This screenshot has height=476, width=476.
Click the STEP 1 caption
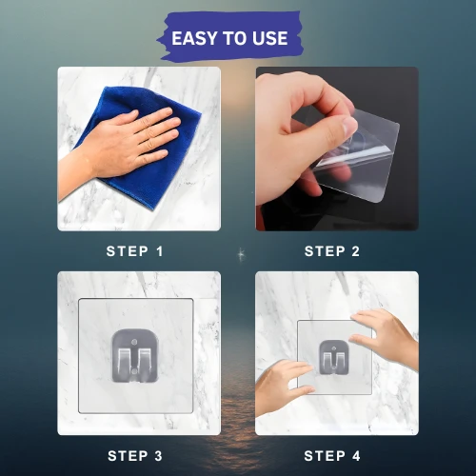(134, 251)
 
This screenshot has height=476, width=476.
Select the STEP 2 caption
(332, 251)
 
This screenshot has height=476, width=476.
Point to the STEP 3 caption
(135, 456)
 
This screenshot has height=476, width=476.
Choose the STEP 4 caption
(332, 456)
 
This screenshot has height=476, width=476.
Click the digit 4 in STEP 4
(356, 456)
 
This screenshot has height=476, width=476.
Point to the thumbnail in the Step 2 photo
(349, 125)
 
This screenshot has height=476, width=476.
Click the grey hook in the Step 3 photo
(135, 355)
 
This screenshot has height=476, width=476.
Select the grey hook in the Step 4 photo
(333, 357)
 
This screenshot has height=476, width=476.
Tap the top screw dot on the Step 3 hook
(134, 342)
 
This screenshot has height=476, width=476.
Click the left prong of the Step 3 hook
(124, 362)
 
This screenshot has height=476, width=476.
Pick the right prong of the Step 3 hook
(145, 362)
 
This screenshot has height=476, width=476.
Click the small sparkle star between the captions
(241, 254)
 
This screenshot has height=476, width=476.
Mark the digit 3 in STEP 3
(158, 456)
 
